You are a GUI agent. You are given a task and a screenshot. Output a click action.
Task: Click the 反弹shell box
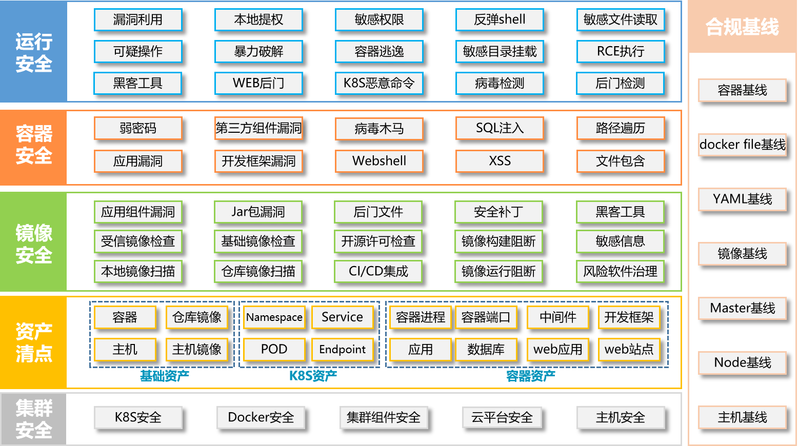click(500, 19)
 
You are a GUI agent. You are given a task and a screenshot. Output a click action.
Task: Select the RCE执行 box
click(620, 51)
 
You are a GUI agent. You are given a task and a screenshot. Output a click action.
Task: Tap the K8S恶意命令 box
click(379, 84)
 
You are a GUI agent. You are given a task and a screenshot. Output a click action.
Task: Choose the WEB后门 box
click(258, 84)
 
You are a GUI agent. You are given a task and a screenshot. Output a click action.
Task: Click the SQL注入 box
click(500, 128)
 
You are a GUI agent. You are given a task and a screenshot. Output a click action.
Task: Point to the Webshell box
click(379, 161)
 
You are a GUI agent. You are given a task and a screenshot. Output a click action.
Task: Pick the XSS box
click(500, 161)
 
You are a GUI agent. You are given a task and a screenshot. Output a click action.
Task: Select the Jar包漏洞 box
click(258, 212)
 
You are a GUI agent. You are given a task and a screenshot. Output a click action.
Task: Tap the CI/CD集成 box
click(378, 272)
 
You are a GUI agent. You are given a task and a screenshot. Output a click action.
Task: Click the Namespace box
click(274, 317)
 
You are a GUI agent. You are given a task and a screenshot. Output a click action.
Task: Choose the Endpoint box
click(343, 349)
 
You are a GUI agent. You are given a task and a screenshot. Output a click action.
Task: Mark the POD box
click(274, 349)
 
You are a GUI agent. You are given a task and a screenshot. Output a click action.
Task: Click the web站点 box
click(629, 349)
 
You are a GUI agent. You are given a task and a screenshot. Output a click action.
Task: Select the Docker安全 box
click(261, 417)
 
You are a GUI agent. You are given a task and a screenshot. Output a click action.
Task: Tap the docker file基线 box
click(743, 145)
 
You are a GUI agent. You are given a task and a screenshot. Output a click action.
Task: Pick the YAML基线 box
click(743, 199)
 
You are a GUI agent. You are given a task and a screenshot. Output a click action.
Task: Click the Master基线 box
click(743, 308)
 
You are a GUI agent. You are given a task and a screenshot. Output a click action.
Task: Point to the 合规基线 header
click(743, 27)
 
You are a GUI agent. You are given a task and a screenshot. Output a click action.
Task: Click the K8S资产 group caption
click(313, 376)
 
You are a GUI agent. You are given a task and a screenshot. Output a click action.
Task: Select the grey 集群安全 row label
click(33, 419)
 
